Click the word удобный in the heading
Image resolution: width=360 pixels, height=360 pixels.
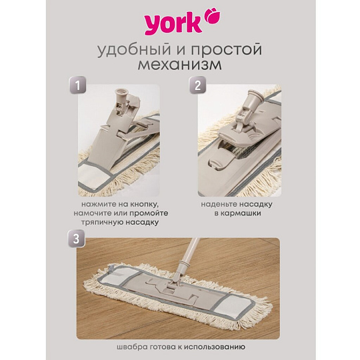click(135, 50)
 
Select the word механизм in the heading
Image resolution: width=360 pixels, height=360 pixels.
click(180, 65)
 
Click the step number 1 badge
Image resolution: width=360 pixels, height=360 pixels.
click(78, 85)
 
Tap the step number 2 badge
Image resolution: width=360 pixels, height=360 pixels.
click(198, 85)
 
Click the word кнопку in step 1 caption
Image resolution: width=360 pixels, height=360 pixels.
click(145, 204)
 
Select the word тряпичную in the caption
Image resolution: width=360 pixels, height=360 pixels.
click(102, 222)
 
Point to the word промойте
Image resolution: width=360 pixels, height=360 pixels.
click(149, 213)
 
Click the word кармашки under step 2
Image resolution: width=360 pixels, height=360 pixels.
click(238, 213)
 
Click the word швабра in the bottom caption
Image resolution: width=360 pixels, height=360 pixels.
click(129, 347)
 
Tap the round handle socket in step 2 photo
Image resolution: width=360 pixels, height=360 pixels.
click(255, 95)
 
